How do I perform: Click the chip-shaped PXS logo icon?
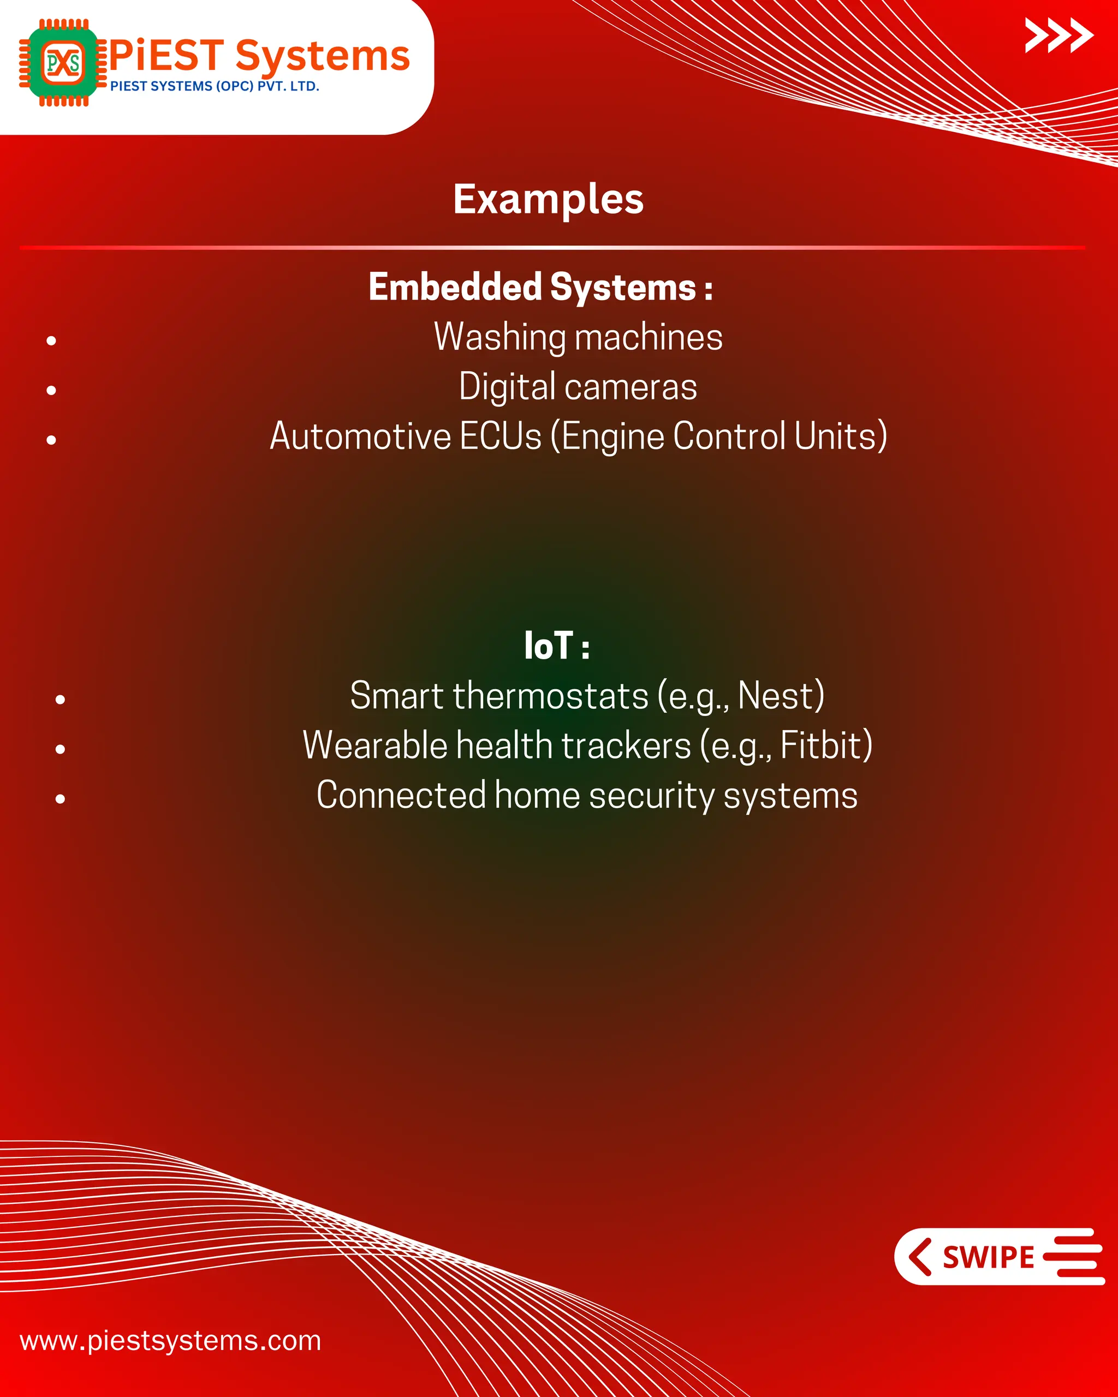[x=63, y=63]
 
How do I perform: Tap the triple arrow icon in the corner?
[x=1058, y=35]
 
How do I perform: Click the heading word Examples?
[x=548, y=199]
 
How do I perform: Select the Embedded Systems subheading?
[x=540, y=287]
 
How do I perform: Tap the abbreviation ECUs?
[x=501, y=436]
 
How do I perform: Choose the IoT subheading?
[x=556, y=646]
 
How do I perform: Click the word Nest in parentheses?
[x=776, y=696]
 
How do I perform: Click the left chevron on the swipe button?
[x=920, y=1257]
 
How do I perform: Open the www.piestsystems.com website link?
[x=170, y=1341]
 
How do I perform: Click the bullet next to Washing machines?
[x=52, y=340]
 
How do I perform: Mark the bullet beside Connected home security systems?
[x=60, y=799]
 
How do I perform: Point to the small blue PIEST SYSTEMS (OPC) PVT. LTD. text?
[x=215, y=86]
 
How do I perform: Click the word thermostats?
[x=550, y=696]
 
